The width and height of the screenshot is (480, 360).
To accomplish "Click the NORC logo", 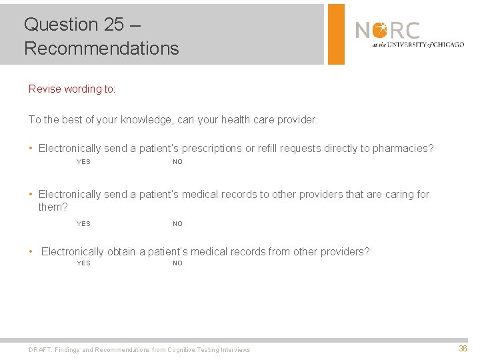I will [x=387, y=31].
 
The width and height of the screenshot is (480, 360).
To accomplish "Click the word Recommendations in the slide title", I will [x=101, y=48].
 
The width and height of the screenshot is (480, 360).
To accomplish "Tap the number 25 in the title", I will [x=114, y=25].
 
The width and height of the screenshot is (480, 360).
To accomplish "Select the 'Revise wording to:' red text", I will [x=72, y=89].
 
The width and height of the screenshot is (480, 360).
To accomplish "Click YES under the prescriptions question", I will [x=83, y=162].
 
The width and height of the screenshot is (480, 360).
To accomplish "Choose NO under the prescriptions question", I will [x=177, y=162].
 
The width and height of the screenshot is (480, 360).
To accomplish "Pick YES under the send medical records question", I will [x=83, y=224].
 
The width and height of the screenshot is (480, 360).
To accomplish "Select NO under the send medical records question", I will [x=177, y=224].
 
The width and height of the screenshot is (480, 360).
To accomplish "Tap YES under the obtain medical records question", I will [x=83, y=263].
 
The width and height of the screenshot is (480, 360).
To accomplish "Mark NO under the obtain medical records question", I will [x=177, y=263].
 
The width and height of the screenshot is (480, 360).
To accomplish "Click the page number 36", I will [x=463, y=349].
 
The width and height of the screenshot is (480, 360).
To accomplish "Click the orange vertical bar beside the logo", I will [x=337, y=34].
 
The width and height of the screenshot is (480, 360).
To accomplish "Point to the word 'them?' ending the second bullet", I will [x=53, y=207].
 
